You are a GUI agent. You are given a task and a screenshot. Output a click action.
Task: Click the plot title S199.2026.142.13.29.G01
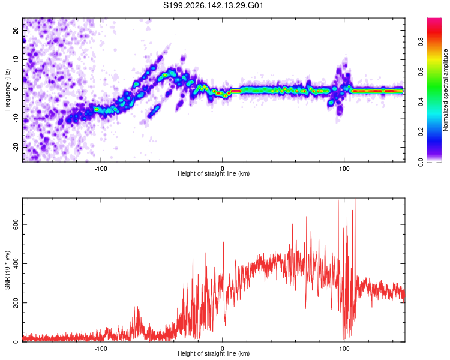click(213, 5)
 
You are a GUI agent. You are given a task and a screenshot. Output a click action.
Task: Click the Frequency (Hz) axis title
click(7, 90)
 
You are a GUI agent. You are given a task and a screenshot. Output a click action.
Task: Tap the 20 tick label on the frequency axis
click(16, 30)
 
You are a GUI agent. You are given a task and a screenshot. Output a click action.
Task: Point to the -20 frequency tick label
click(16, 148)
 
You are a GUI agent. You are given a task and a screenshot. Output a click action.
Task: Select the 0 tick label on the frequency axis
click(16, 89)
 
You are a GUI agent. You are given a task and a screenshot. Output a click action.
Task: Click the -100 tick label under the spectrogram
click(101, 169)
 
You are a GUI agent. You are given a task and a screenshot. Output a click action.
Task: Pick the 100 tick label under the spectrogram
click(344, 169)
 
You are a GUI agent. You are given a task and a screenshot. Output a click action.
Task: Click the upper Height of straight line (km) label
click(214, 173)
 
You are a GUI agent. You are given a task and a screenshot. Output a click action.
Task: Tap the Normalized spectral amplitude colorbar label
click(445, 90)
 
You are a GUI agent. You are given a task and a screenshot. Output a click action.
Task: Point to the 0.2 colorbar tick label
click(421, 132)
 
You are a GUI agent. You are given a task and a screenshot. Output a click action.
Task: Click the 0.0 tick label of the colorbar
click(421, 162)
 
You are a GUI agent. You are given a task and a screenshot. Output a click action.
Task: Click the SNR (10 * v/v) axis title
click(7, 270)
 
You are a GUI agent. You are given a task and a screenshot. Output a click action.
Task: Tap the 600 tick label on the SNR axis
click(16, 224)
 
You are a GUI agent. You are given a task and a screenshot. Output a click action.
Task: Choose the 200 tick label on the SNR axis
click(16, 302)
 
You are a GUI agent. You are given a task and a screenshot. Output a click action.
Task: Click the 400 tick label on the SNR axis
click(16, 263)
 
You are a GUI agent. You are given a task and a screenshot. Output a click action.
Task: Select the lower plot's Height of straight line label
click(214, 353)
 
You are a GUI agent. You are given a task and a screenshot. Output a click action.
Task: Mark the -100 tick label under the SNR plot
click(101, 349)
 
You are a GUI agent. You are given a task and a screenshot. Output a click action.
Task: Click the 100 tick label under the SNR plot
click(344, 349)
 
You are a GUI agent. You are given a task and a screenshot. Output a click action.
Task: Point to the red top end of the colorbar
click(434, 19)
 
